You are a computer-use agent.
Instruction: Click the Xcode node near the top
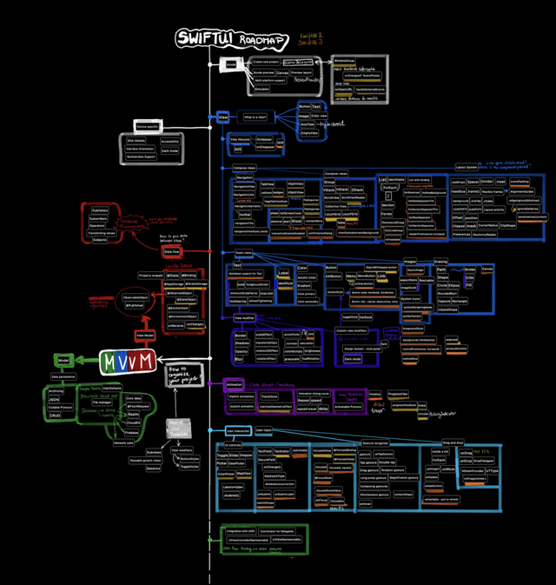click(x=232, y=65)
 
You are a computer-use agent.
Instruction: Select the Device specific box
click(x=149, y=127)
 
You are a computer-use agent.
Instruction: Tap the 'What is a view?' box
click(x=256, y=116)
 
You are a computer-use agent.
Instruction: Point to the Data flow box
click(x=172, y=250)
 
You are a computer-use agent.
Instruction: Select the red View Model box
click(x=145, y=334)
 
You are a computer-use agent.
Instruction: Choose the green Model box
click(x=63, y=359)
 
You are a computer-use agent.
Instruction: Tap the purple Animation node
click(x=233, y=383)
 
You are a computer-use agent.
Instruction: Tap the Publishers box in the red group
click(x=100, y=210)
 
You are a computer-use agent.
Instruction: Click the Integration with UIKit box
click(x=240, y=530)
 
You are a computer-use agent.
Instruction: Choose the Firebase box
click(x=132, y=431)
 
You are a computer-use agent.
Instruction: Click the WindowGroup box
click(x=344, y=62)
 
